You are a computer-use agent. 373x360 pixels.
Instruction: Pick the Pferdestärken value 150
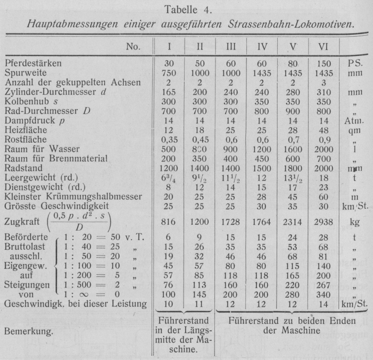click(x=323, y=63)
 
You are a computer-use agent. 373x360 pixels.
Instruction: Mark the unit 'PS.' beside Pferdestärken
click(x=354, y=63)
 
